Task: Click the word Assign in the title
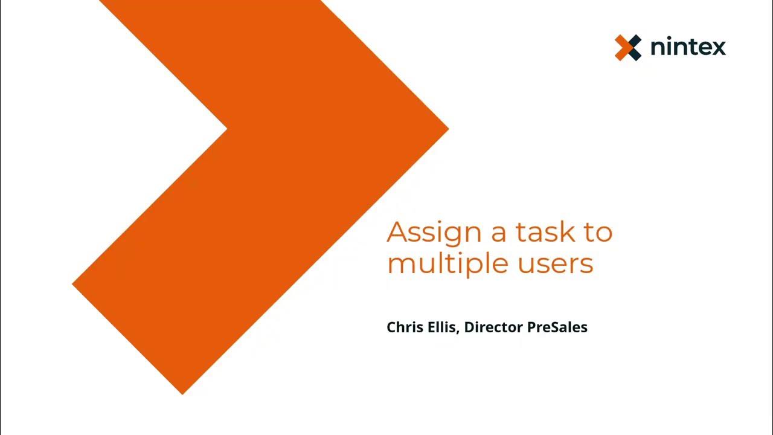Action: (434, 233)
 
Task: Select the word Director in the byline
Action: (493, 327)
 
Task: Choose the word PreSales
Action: (557, 327)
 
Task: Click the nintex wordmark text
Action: (688, 47)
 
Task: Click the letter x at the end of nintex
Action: (719, 48)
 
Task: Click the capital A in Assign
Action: (397, 232)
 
